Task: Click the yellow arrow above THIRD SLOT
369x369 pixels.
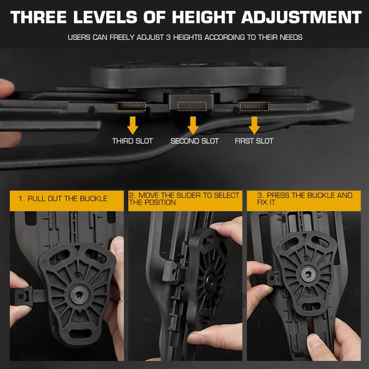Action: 132,124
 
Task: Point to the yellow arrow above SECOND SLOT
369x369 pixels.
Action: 193,124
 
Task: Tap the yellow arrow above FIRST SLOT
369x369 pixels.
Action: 254,124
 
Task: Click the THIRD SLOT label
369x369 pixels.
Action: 132,141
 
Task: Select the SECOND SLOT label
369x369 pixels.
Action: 194,141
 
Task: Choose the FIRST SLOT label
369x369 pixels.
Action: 254,141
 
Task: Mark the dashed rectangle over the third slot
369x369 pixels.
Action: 131,107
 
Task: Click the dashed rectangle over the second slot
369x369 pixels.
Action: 192,107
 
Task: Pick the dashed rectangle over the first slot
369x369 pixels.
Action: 254,107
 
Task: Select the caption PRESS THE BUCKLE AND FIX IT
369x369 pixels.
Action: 304,199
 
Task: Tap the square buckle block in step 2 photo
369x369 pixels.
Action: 172,272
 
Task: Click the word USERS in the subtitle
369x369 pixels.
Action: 79,37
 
